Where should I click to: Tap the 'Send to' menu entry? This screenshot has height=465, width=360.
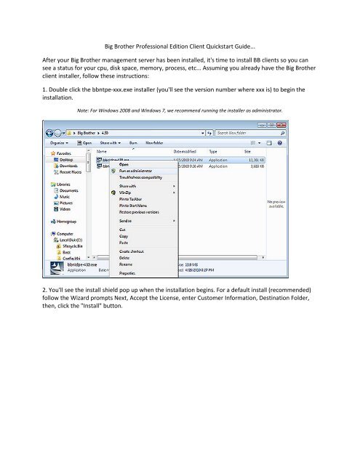click(x=128, y=219)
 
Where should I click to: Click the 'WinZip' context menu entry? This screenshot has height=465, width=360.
click(x=128, y=193)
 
